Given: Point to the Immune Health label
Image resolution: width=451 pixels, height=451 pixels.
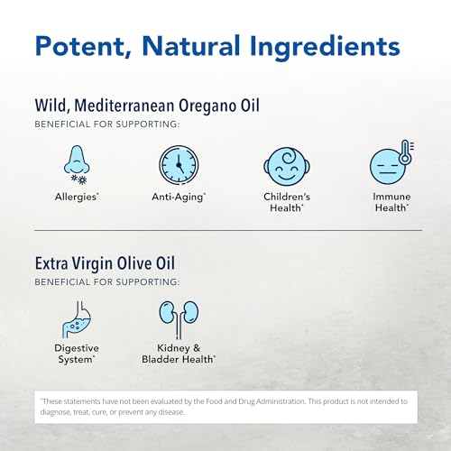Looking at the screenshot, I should point(391,201).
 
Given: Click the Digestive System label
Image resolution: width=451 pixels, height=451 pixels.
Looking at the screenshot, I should point(77,354).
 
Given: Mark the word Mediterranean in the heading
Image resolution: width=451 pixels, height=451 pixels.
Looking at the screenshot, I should point(127,106).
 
